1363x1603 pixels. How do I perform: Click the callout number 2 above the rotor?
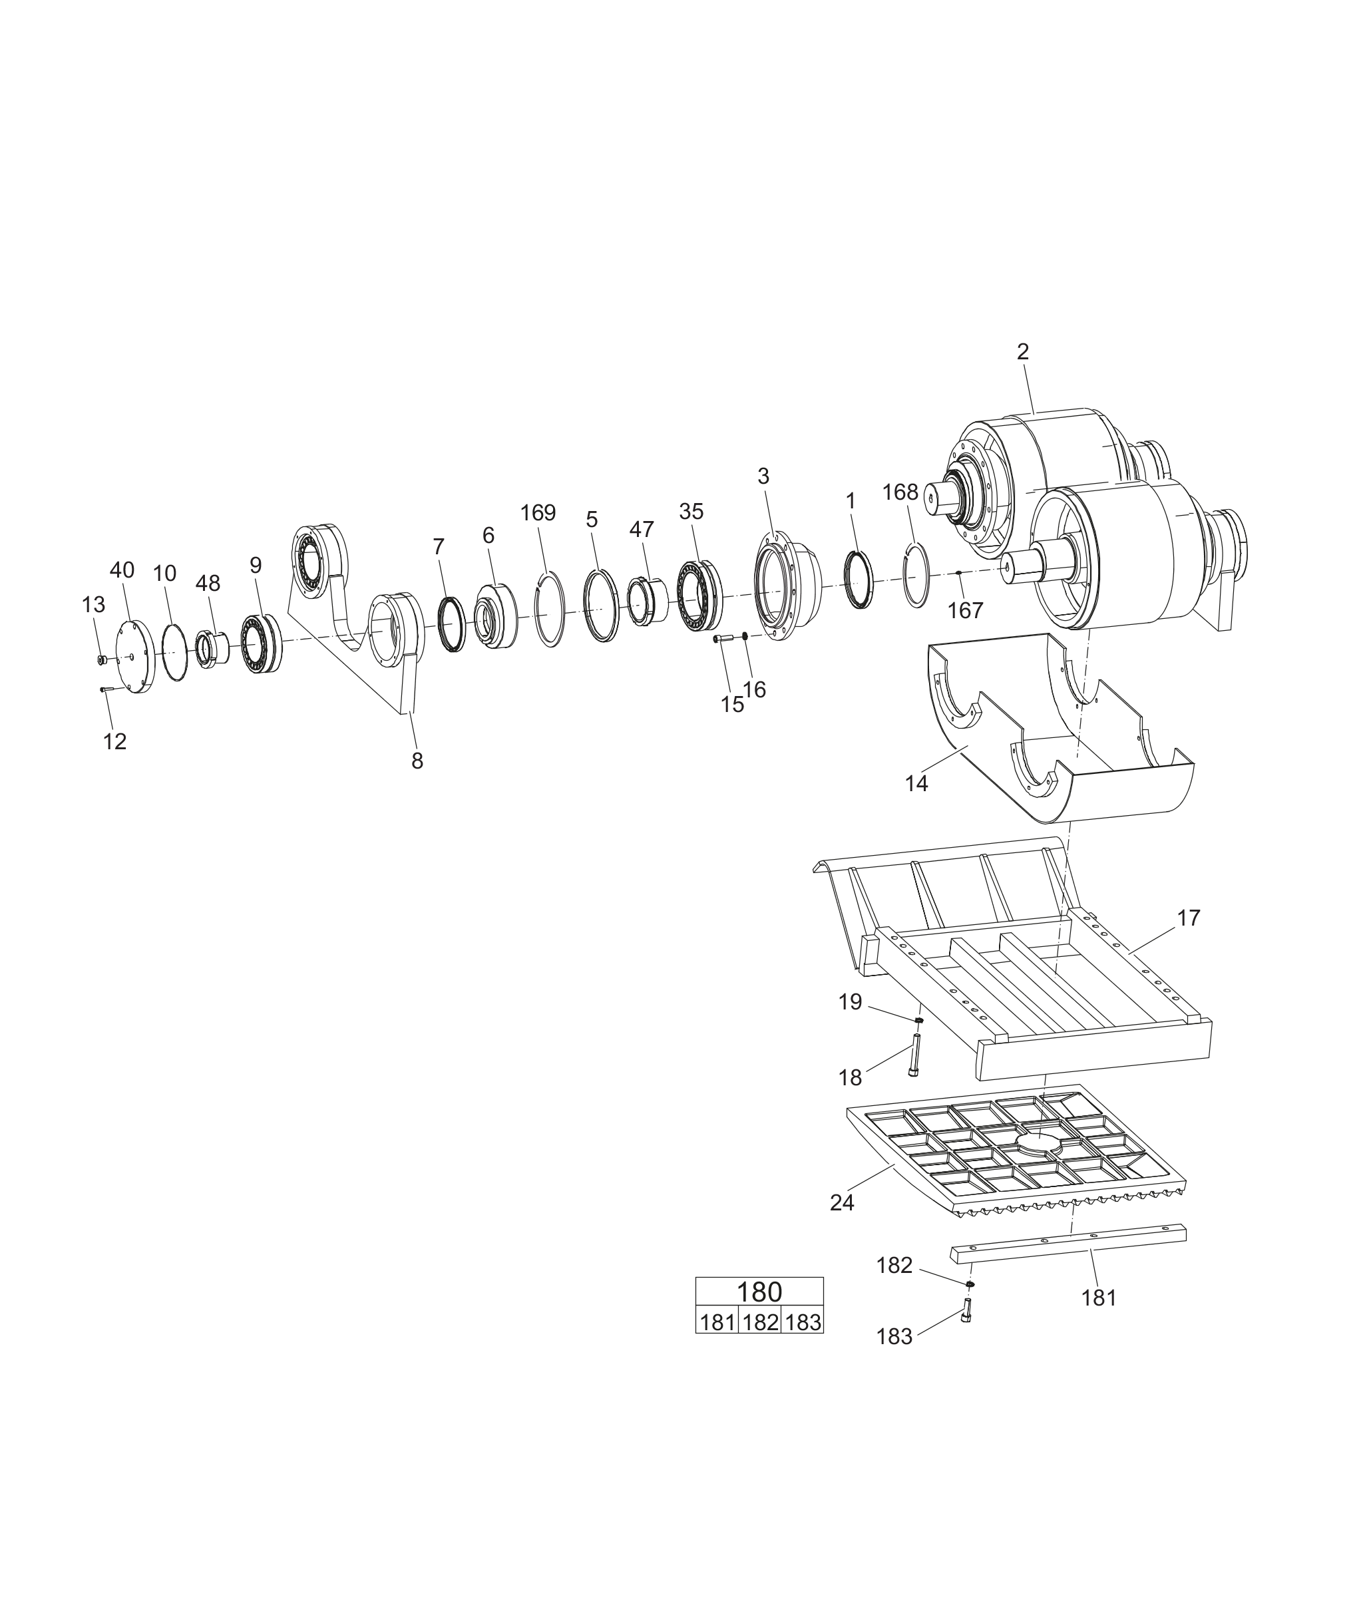coord(1023,351)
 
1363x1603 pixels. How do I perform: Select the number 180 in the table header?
coord(759,1292)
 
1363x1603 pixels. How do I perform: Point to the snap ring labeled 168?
coord(916,575)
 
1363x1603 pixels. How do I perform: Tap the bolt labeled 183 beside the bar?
coord(966,1310)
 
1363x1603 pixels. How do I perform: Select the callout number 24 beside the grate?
coord(842,1203)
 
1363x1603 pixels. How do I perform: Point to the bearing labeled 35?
coord(699,596)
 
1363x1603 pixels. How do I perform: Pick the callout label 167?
coord(965,610)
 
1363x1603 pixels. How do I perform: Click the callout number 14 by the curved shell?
coord(916,783)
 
